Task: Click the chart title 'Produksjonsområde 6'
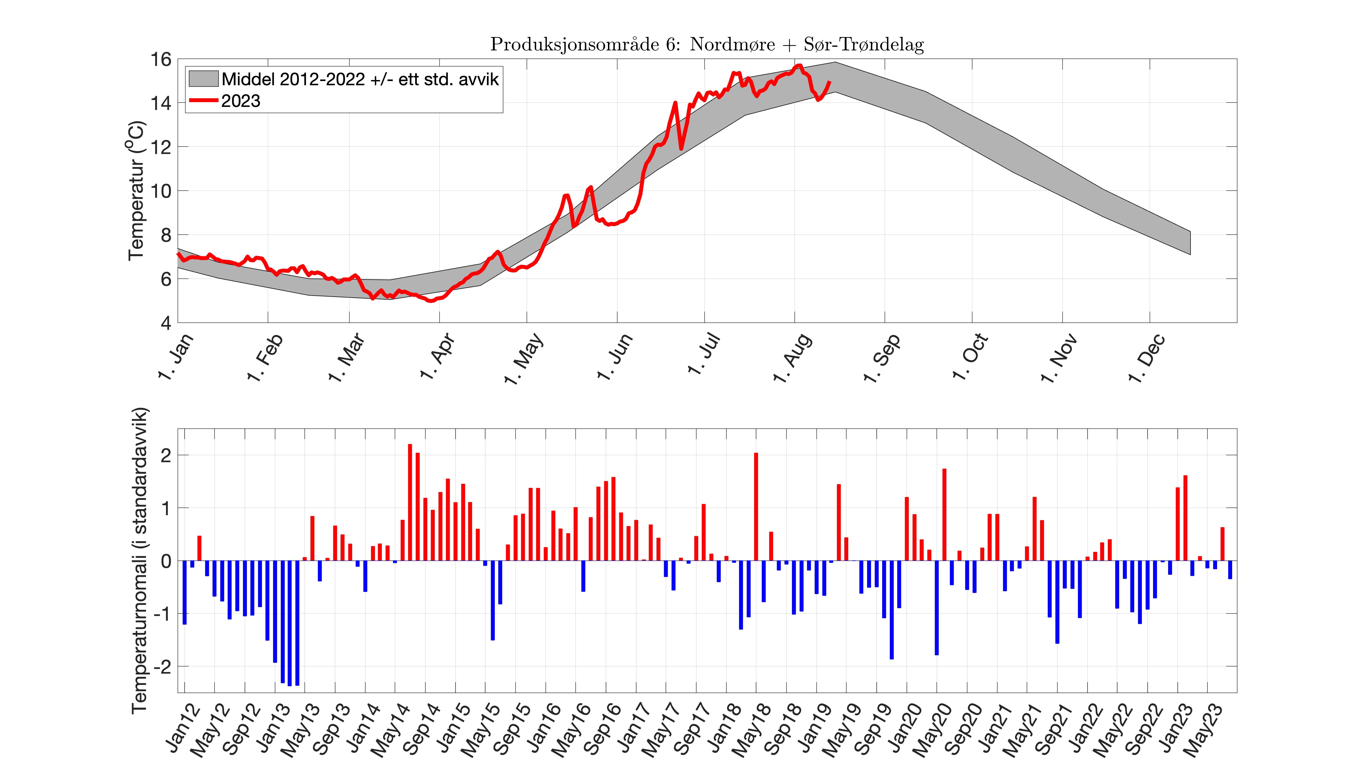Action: pyautogui.click(x=707, y=44)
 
